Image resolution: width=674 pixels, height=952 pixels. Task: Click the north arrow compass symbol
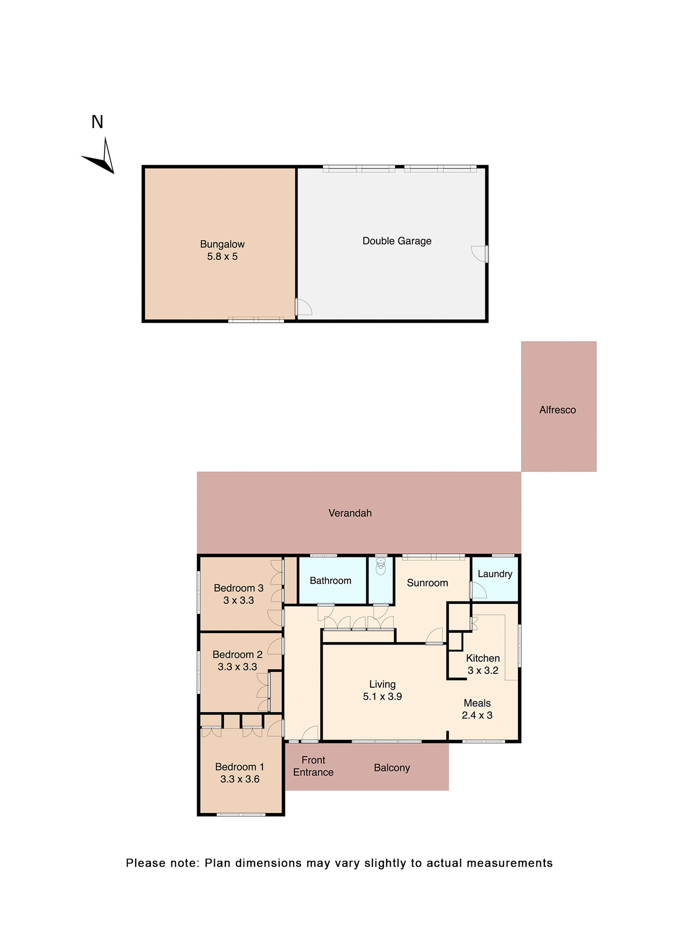click(102, 158)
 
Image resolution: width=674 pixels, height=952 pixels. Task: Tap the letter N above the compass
click(97, 122)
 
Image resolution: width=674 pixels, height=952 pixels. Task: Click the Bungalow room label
click(222, 244)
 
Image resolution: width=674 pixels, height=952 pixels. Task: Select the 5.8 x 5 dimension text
click(222, 256)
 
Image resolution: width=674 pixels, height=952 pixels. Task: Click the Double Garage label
click(397, 241)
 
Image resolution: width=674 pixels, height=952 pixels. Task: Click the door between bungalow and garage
click(303, 307)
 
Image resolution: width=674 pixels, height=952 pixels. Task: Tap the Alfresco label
click(557, 410)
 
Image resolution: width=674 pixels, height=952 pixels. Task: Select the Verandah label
click(350, 513)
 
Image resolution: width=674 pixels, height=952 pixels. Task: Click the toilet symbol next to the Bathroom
click(381, 567)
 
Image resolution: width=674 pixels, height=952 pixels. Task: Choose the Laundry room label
click(495, 574)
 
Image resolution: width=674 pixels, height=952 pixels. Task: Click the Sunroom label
click(427, 583)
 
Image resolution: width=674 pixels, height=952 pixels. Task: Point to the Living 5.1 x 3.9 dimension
click(382, 696)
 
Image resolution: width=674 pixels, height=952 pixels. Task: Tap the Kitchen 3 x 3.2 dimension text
click(483, 670)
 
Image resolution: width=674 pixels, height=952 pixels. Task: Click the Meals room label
click(477, 703)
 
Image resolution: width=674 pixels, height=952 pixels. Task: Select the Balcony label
click(392, 768)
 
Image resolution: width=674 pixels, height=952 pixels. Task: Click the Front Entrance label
click(313, 766)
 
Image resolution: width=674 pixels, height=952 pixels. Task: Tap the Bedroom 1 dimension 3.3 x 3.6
click(240, 778)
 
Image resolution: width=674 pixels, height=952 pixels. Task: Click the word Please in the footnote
click(145, 863)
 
